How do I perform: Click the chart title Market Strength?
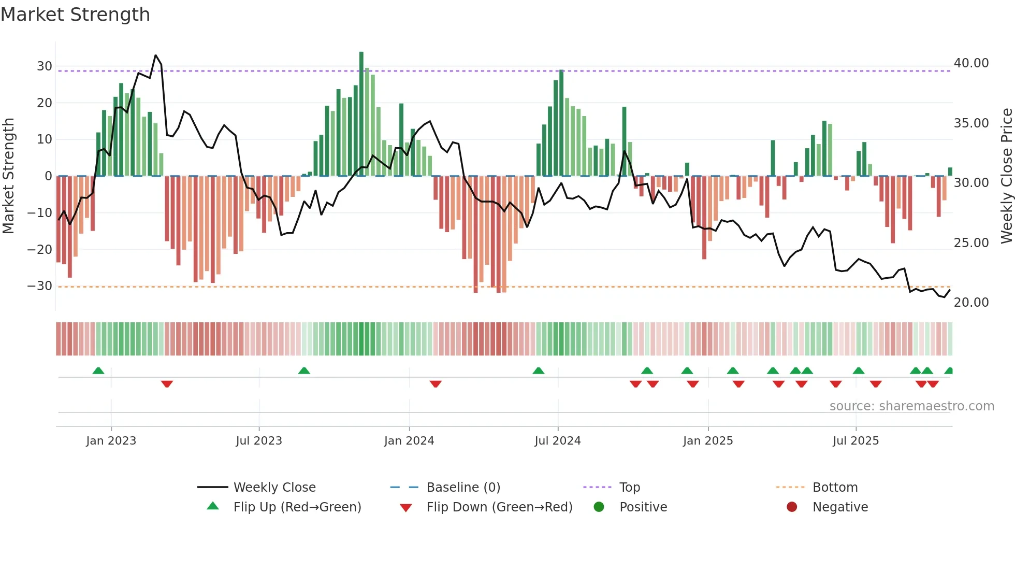click(75, 15)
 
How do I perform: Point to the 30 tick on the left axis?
click(45, 66)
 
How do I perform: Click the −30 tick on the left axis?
click(40, 286)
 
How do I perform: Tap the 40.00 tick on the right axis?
click(971, 63)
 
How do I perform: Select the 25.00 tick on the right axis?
click(971, 242)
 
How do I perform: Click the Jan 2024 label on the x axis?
click(409, 441)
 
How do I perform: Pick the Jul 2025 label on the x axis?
click(856, 441)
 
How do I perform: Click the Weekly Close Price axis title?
click(1006, 176)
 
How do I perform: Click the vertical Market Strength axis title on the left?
click(8, 176)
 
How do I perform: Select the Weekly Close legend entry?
click(274, 488)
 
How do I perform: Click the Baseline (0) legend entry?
click(463, 488)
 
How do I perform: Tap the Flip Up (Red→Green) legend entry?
click(297, 507)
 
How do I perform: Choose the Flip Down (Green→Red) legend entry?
click(499, 507)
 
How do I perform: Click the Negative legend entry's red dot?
click(792, 507)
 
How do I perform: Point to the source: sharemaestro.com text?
click(911, 406)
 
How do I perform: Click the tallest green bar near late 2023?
click(361, 113)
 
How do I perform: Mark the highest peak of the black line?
click(155, 55)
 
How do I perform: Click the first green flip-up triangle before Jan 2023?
click(98, 370)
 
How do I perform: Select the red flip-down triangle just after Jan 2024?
click(436, 384)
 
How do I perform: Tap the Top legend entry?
click(629, 488)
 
